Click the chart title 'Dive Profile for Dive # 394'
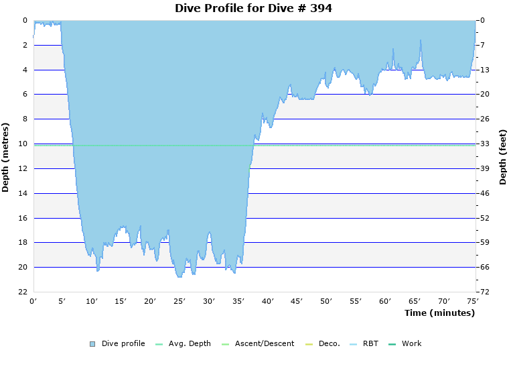[x=253, y=8]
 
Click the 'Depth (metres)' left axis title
[x=6, y=157]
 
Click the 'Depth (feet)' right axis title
[x=502, y=157]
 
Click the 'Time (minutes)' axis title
[x=439, y=313]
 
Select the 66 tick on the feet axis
[x=484, y=267]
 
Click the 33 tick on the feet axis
[x=484, y=144]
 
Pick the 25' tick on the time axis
[x=179, y=301]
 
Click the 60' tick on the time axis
[x=384, y=301]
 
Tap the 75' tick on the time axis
[x=473, y=301]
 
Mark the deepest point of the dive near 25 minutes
[x=179, y=276]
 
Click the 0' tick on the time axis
[x=33, y=301]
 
